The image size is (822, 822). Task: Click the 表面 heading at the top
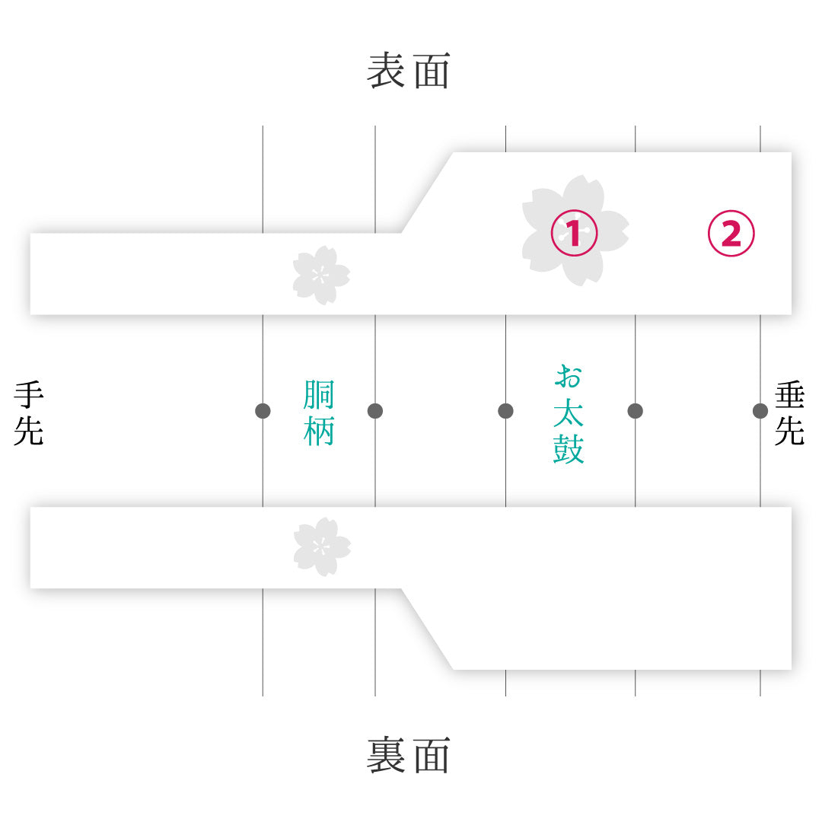(409, 70)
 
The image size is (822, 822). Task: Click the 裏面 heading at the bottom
(409, 755)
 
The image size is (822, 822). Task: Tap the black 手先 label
(29, 413)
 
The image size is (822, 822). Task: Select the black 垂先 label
(789, 413)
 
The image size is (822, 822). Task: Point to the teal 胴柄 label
(319, 413)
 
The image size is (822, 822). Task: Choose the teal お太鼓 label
(569, 414)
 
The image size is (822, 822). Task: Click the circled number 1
(574, 233)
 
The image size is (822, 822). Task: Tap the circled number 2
(731, 233)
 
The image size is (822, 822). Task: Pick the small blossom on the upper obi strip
(321, 276)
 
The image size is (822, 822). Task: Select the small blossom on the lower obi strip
(322, 546)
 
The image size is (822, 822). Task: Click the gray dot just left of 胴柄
(263, 411)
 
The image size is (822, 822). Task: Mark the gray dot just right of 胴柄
(374, 411)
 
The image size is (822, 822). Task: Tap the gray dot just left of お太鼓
(505, 411)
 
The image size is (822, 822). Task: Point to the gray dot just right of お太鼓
(635, 411)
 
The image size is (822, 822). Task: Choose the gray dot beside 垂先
(760, 411)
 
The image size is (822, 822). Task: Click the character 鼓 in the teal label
(569, 449)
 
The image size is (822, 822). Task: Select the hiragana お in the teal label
(569, 377)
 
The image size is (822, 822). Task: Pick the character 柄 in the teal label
(319, 431)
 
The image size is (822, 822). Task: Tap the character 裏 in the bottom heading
(385, 755)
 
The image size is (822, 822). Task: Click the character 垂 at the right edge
(789, 396)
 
